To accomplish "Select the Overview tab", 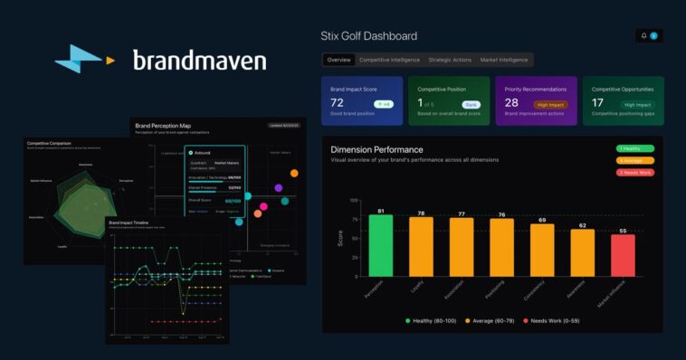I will coord(338,60).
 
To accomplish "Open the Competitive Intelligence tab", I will coord(390,60).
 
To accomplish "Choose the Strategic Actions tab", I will coord(450,60).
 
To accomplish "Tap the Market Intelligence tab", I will coord(504,60).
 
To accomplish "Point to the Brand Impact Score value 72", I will coord(337,104).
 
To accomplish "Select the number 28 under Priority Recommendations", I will coord(511,104).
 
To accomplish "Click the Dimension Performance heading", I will coord(376,148).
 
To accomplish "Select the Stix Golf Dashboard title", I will coord(369,36).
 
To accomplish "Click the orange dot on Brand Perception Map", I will coord(294,173).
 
